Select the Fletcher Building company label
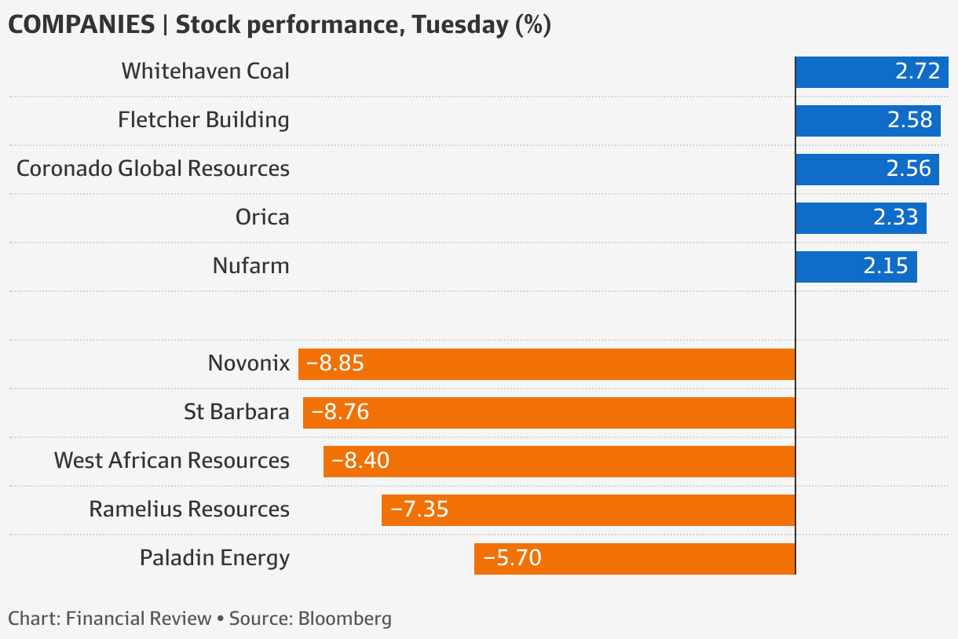[x=203, y=120]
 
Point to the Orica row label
[x=262, y=217]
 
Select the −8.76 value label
[x=340, y=412]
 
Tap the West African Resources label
[x=171, y=461]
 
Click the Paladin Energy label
[x=214, y=558]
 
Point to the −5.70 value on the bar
[x=512, y=558]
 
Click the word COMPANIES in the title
[x=81, y=25]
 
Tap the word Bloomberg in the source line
[x=345, y=619]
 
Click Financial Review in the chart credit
[x=139, y=619]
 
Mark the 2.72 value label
[x=917, y=72]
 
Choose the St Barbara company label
[x=236, y=412]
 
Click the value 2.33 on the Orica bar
[x=896, y=217]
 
